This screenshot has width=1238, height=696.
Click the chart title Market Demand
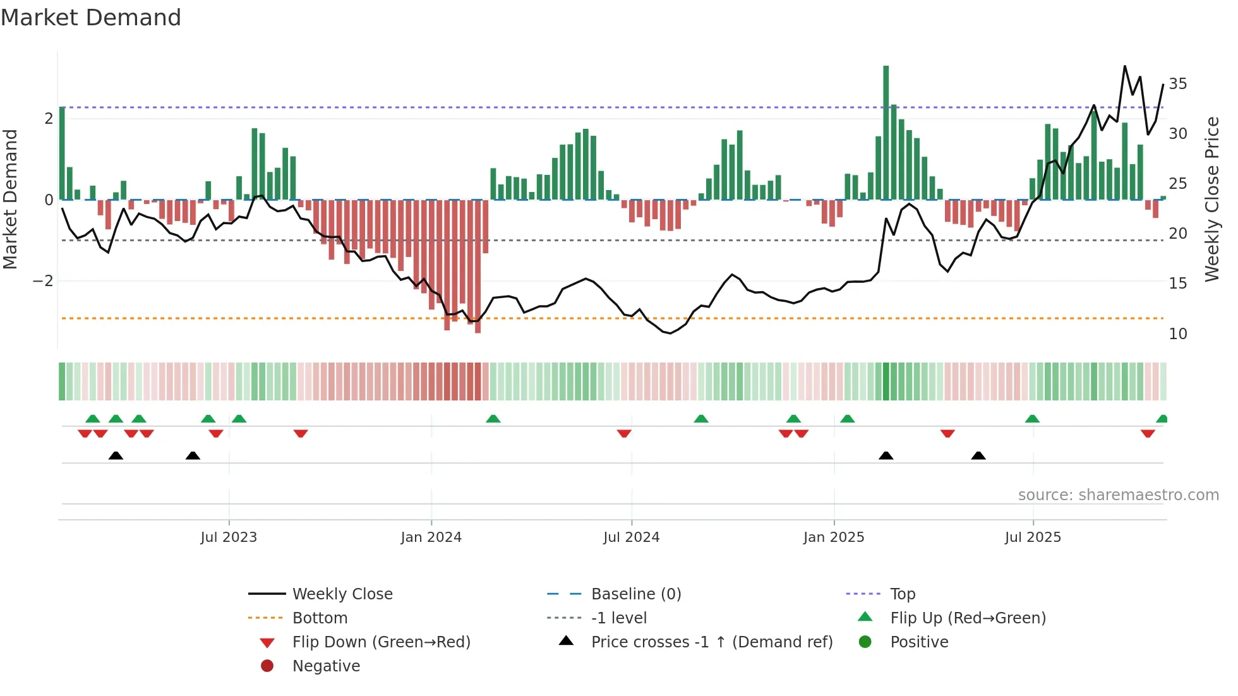91,18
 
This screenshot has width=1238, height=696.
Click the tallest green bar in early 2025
886,133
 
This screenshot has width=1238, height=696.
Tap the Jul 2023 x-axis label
229,537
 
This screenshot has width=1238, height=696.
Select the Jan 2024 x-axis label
431,537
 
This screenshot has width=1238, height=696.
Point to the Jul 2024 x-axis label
631,537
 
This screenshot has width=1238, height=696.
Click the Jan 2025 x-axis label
834,537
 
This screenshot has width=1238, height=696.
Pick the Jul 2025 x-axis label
1033,537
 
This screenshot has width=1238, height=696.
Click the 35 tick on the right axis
1177,84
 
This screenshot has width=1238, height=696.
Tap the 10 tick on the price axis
1177,334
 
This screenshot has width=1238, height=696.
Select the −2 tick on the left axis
44,281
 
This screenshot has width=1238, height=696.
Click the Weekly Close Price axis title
1211,199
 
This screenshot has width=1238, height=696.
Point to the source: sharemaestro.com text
1118,495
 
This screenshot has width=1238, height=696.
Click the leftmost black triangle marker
116,455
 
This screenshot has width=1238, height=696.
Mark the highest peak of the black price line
1124,66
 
